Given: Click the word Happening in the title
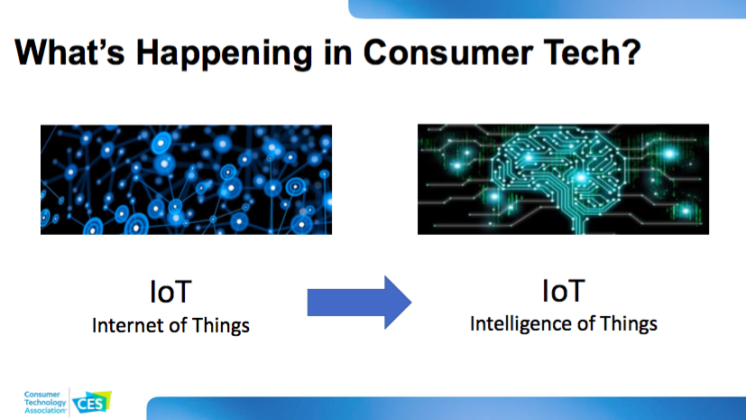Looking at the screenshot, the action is click(224, 54).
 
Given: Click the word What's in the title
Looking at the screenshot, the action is click(70, 51).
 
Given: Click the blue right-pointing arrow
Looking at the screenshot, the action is click(359, 303).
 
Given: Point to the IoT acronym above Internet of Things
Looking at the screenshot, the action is click(170, 292).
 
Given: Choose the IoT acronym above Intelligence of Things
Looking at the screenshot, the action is click(563, 291).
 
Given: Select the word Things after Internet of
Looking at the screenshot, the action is click(221, 326).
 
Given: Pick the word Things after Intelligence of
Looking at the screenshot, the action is click(629, 324).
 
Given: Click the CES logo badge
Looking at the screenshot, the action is click(92, 403).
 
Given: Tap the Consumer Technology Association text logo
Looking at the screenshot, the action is click(45, 402).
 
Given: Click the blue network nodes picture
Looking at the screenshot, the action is click(186, 180).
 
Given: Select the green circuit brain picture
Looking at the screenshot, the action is click(563, 179).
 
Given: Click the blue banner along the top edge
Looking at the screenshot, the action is click(548, 9).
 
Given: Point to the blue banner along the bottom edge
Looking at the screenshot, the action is click(447, 408).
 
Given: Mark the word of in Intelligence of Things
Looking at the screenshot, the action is click(585, 324).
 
